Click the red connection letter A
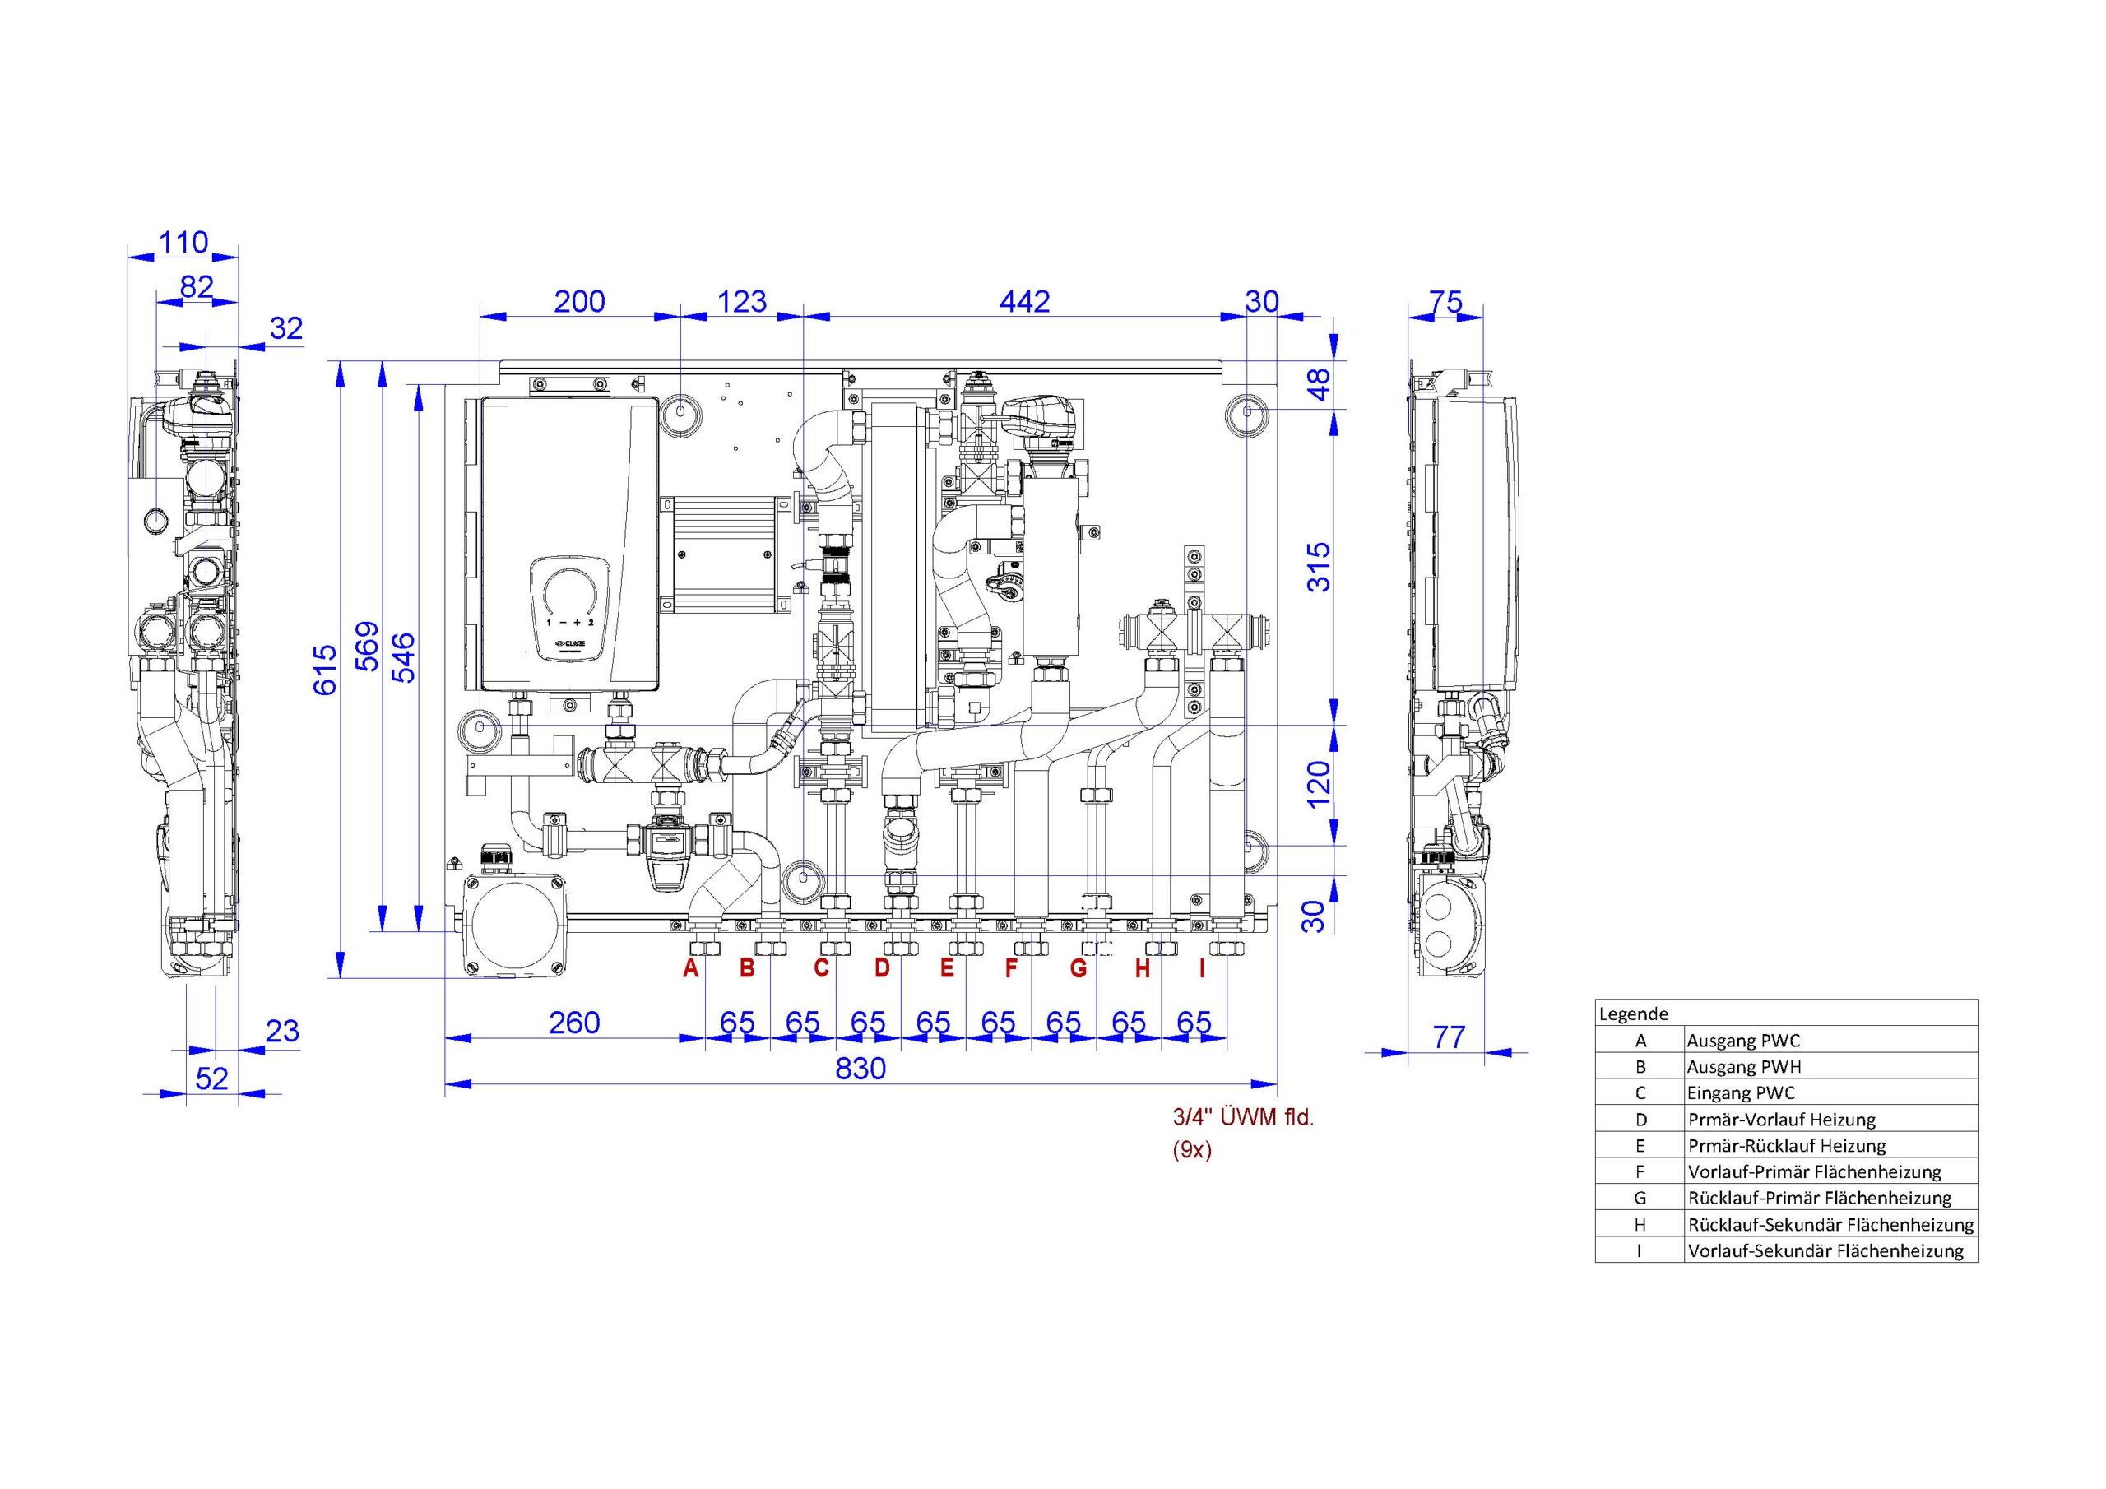pos(691,968)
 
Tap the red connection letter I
pos(1202,968)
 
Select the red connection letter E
pos(947,968)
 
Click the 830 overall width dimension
pos(860,1069)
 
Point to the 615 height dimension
pos(326,669)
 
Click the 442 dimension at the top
pos(1023,301)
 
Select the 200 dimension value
pos(580,301)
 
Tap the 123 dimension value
pos(741,301)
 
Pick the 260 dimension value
pos(574,1022)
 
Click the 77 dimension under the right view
pos(1450,1037)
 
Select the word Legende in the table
pos(1634,1014)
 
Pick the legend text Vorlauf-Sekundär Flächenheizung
pos(1825,1250)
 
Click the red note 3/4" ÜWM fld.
pos(1243,1118)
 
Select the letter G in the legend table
pos(1640,1198)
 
